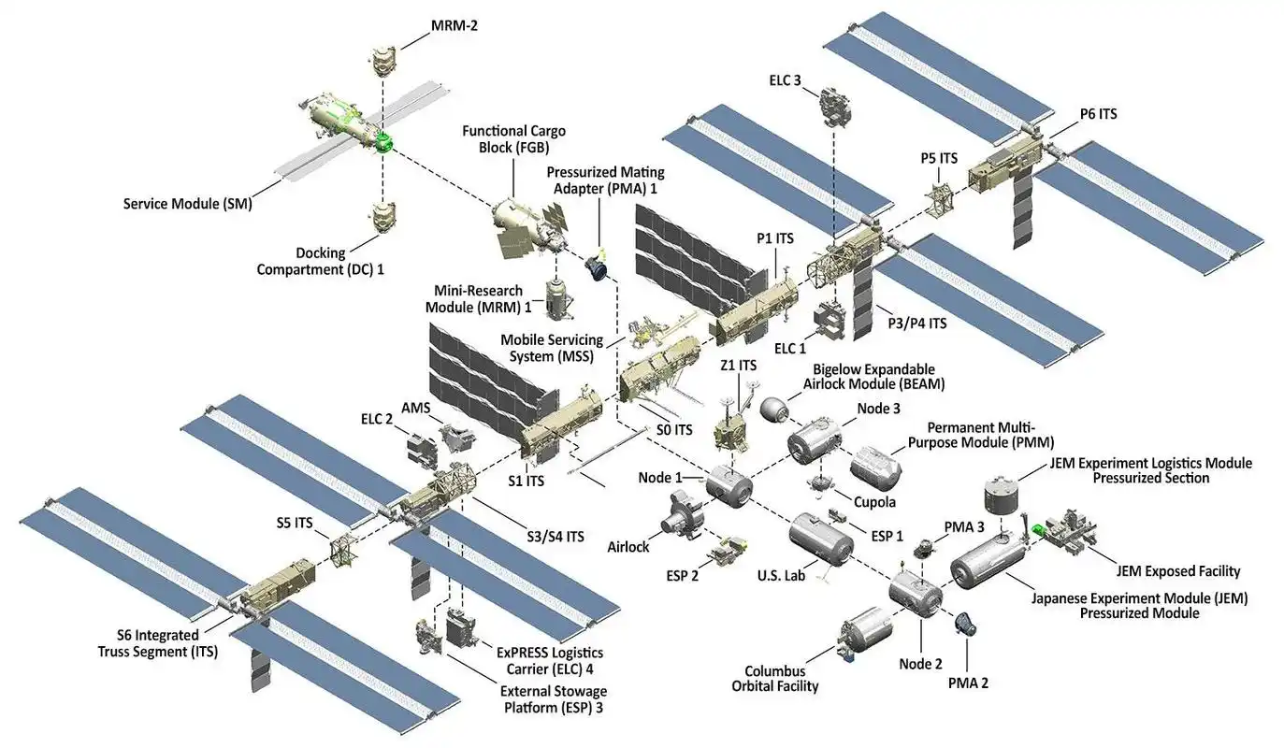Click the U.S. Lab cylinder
[819, 539]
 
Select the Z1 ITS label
[738, 366]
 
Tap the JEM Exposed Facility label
[1177, 570]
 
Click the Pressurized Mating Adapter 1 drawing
[597, 266]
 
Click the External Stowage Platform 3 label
[554, 699]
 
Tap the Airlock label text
[628, 547]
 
